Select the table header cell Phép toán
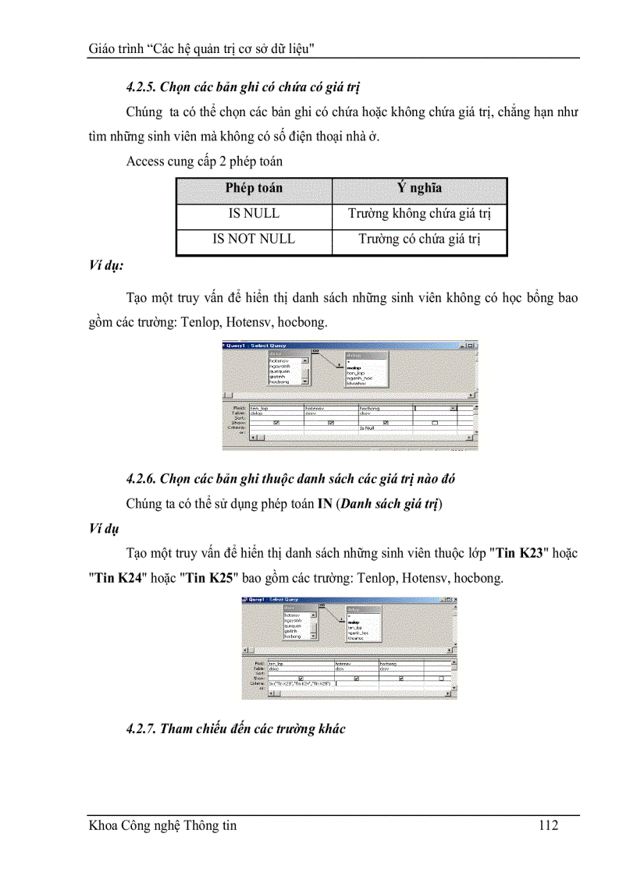pos(254,188)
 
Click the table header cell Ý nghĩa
pos(419,188)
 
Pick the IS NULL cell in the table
pos(254,214)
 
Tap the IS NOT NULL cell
pos(254,239)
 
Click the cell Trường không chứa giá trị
pos(419,214)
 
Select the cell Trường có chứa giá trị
pos(419,239)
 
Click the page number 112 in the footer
pos(548,825)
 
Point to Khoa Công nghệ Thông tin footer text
pos(162,825)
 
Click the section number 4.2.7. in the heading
pos(141,729)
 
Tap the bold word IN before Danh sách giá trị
pos(325,504)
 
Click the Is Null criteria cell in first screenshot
pos(368,428)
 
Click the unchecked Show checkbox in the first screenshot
pos(435,423)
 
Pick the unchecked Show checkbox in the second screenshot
pos(440,678)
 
